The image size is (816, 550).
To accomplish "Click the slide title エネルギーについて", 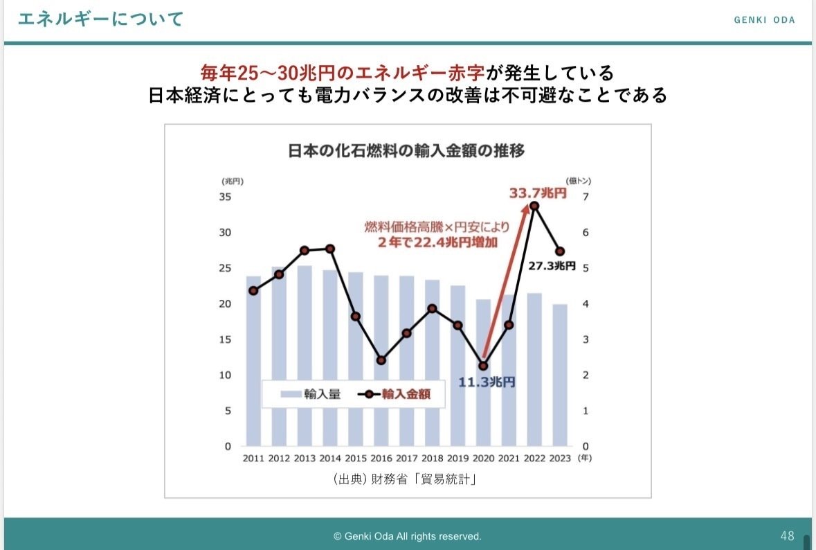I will (100, 19).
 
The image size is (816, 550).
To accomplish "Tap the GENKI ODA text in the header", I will (764, 19).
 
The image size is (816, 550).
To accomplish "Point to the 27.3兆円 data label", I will (552, 265).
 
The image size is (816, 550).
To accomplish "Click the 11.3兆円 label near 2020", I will (487, 382).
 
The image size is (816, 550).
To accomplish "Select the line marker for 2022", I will (534, 206).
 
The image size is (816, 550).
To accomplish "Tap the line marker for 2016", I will (381, 360).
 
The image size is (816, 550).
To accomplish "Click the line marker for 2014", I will (330, 249).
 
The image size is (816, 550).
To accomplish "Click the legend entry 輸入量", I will (311, 394).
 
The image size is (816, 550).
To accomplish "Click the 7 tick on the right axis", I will (585, 197).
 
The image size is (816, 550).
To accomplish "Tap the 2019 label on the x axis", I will (457, 458).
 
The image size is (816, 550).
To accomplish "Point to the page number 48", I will (787, 535).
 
